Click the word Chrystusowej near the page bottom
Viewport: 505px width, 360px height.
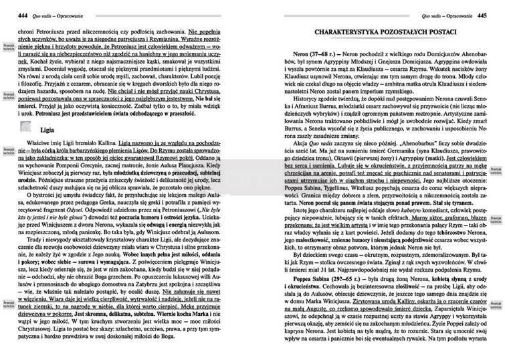[29, 344]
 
